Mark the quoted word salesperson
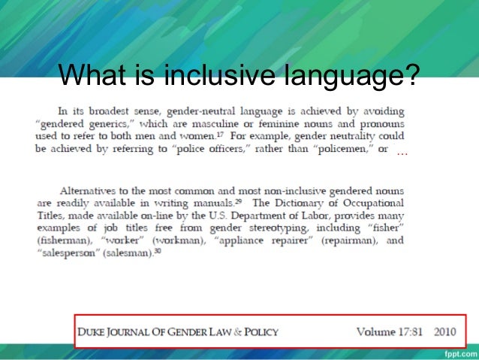(68, 253)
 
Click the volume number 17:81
(407, 329)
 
